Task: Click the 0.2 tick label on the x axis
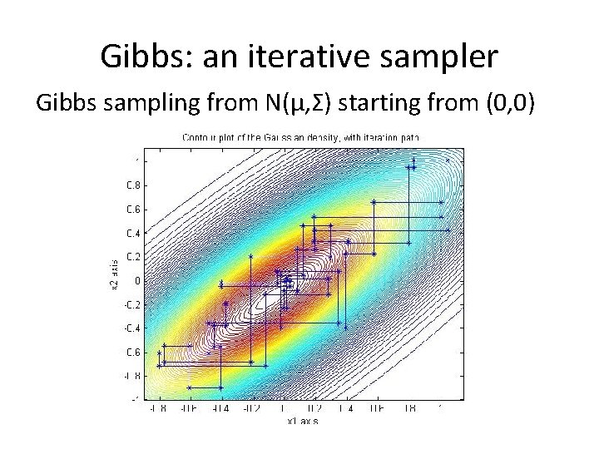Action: coord(314,409)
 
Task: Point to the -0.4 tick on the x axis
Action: coord(220,409)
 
